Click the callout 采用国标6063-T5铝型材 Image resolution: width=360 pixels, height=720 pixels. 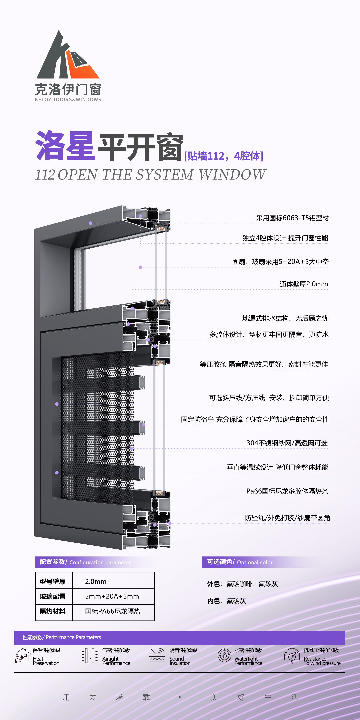292,218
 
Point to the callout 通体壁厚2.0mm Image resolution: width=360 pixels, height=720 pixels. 304,284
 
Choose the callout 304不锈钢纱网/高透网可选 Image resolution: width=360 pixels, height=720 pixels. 287,443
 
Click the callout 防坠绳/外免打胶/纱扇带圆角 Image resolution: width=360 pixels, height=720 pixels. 288,518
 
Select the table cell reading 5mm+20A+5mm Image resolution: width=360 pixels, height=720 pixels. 112,596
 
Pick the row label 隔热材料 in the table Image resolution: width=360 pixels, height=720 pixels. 53,611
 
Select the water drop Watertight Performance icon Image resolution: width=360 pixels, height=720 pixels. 225,655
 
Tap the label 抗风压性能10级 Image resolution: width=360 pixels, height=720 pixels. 321,650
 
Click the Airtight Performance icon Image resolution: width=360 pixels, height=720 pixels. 89,655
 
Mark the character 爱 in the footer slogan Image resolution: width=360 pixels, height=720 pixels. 93,697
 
